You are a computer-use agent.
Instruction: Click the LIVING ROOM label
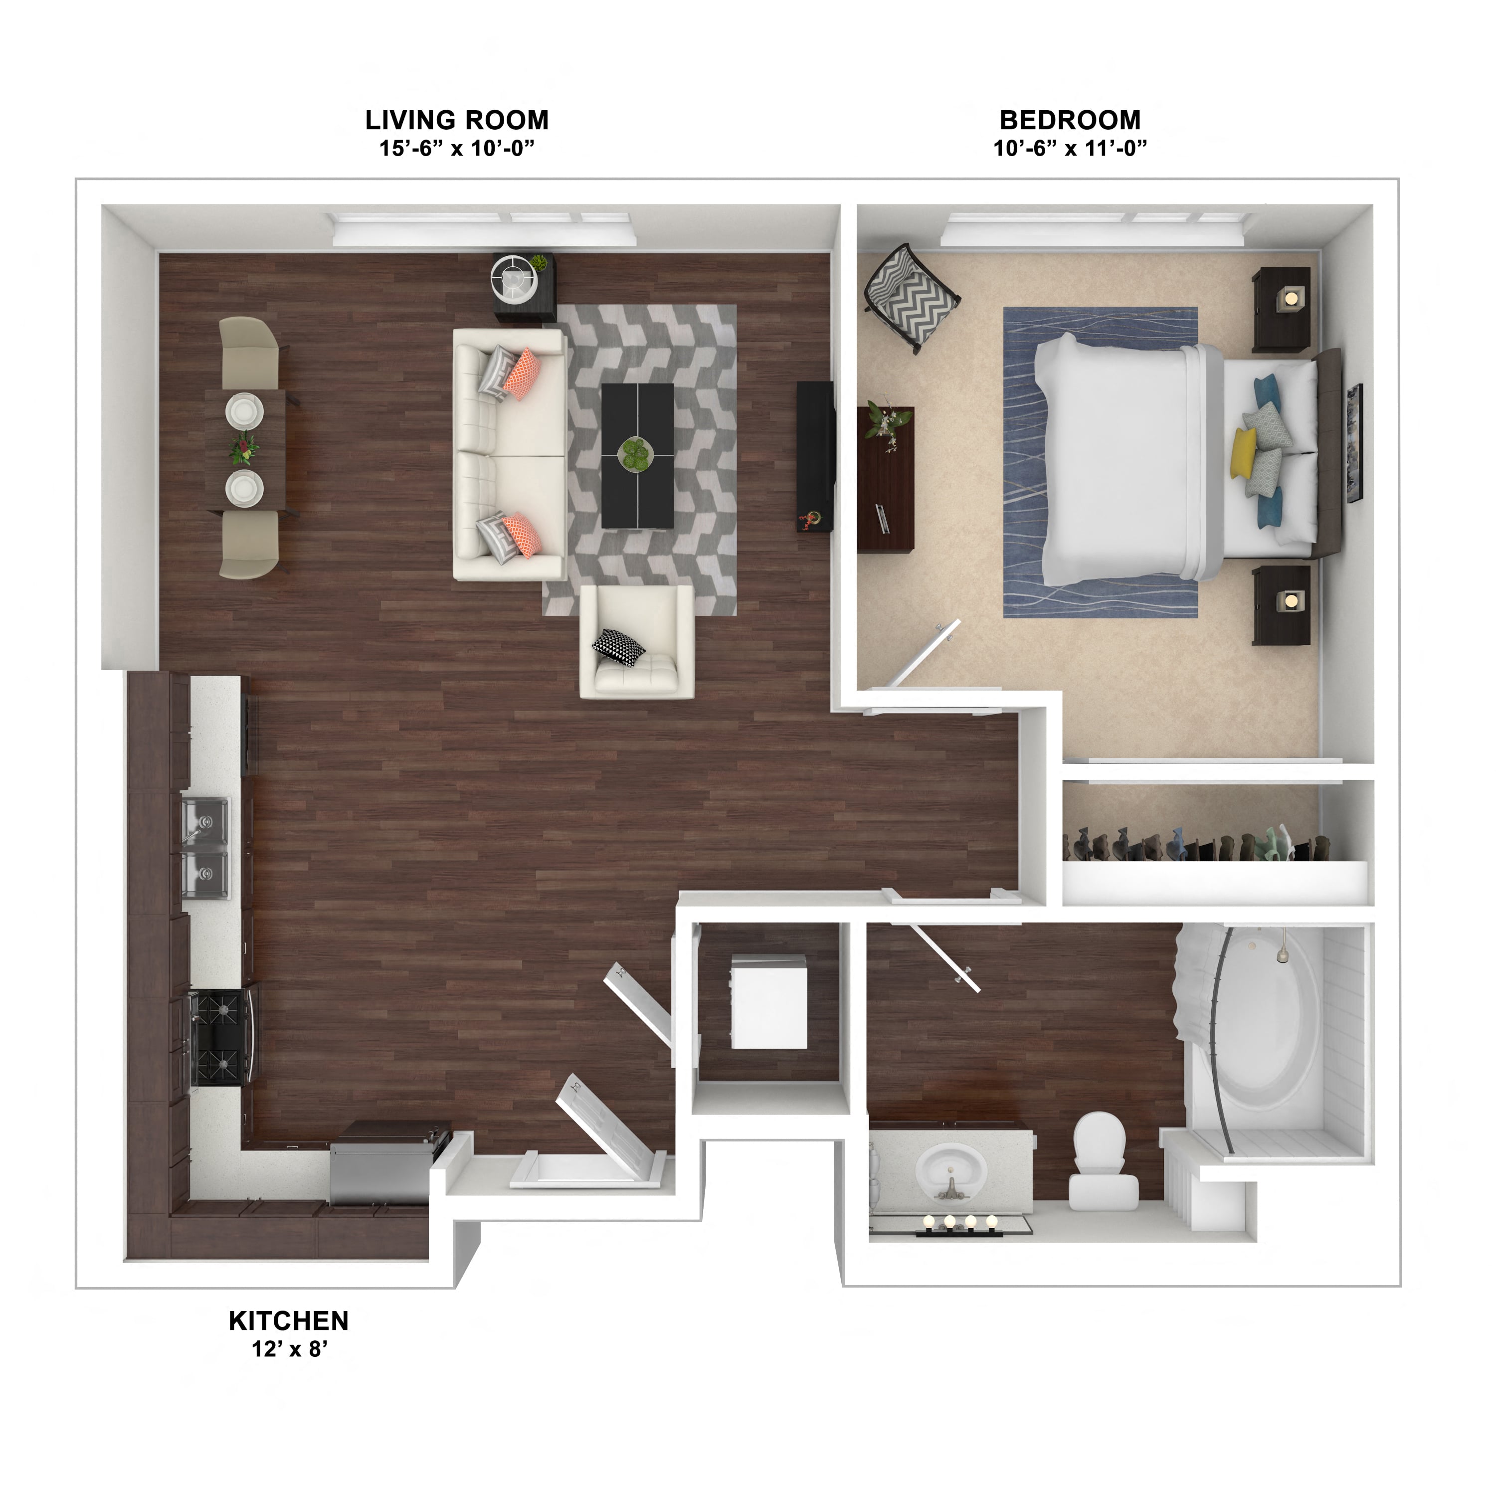coord(457,120)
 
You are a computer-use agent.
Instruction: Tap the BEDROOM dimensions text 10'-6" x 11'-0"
coord(1070,148)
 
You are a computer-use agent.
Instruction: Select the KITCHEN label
coord(289,1320)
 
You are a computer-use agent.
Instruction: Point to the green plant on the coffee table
coord(636,454)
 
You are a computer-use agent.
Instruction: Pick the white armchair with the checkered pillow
coord(636,642)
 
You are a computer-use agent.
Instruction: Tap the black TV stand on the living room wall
coord(815,456)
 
